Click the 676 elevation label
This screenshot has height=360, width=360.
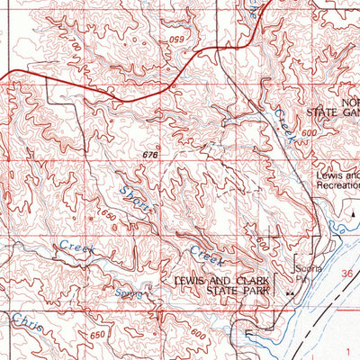(150, 157)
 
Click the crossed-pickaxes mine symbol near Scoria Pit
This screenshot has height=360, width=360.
(290, 293)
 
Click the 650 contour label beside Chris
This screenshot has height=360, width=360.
(55, 336)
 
